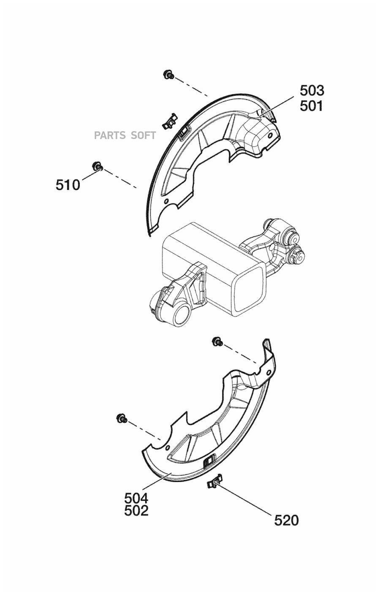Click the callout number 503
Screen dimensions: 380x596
click(312, 91)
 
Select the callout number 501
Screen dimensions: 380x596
click(311, 106)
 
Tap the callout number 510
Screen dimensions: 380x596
click(68, 185)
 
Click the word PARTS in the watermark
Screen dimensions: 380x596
click(110, 135)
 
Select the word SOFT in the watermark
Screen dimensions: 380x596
click(144, 135)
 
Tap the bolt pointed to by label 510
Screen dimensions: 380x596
click(97, 166)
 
